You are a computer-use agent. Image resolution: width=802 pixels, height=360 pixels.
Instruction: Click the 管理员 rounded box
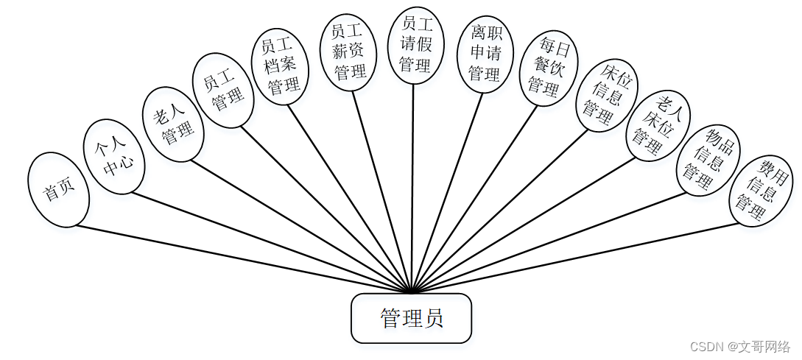(411, 318)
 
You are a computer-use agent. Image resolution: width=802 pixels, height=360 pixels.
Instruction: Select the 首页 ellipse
(59, 190)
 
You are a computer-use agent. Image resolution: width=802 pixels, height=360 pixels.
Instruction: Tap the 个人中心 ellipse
(114, 157)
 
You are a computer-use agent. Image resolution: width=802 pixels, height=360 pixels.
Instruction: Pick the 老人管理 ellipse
(172, 124)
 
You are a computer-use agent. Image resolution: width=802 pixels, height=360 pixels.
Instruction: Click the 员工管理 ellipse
(223, 90)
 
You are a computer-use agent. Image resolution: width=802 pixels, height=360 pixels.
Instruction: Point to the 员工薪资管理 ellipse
(348, 52)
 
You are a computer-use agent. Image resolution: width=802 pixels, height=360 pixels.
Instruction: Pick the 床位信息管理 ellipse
(607, 95)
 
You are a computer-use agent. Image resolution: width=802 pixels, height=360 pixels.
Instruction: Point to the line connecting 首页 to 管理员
(243, 258)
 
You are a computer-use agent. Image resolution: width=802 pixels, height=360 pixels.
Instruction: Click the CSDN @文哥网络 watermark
(741, 346)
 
